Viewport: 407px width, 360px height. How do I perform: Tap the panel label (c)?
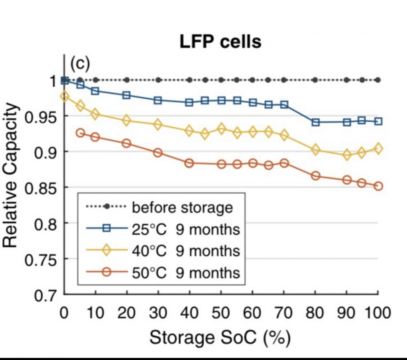tap(81, 63)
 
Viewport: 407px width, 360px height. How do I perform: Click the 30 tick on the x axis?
tap(158, 313)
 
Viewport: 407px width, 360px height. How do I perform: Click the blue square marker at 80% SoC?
tap(316, 122)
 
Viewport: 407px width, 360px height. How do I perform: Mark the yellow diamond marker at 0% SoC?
tap(64, 96)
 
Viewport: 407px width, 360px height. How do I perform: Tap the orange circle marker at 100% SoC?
tap(378, 186)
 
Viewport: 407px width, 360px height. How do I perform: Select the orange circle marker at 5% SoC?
tap(80, 133)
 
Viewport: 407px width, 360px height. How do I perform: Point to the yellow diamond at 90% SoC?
tap(347, 155)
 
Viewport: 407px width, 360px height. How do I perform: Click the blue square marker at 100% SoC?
tap(378, 121)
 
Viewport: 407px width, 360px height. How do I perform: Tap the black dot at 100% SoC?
tap(378, 80)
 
